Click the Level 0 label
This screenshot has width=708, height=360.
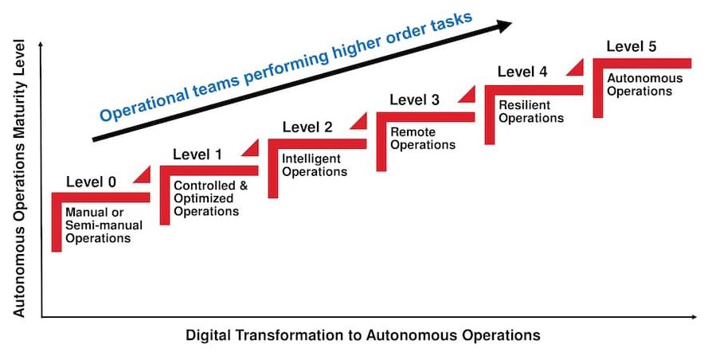pos(91,182)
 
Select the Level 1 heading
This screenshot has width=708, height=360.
pos(198,154)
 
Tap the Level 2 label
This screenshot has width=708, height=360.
pos(307,127)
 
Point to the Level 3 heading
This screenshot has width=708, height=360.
pos(414,100)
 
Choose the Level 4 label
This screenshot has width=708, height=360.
pos(522,72)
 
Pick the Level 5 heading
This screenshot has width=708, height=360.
pos(631,45)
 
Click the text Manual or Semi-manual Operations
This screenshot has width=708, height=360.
pos(98,225)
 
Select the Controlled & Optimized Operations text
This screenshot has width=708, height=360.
pos(206,198)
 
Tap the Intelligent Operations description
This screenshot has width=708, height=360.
pos(315,165)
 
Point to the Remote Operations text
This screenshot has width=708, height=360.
pos(423,139)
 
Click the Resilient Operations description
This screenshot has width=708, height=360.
pos(530,112)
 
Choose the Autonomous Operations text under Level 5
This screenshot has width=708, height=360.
pos(640,84)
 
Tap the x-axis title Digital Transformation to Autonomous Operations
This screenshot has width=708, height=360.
pos(363,335)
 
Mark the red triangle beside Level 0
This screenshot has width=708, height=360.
pos(144,174)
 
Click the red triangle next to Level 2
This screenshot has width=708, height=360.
pos(360,120)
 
